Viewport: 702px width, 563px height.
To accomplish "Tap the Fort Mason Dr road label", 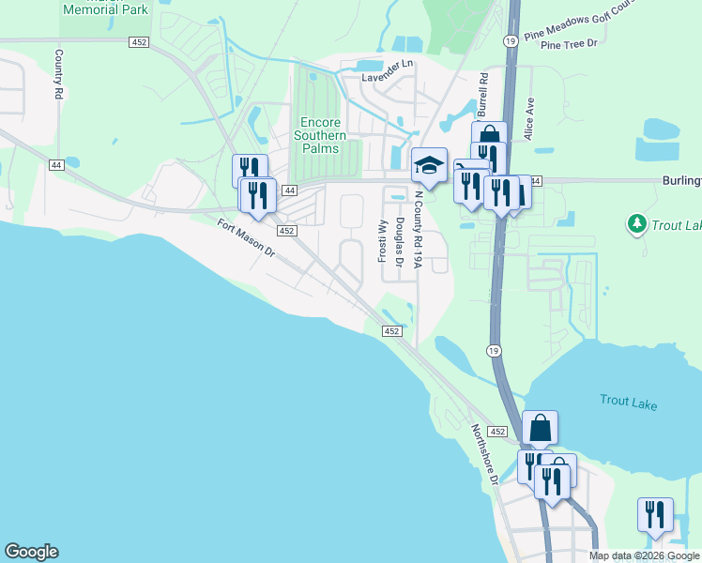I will [x=245, y=238].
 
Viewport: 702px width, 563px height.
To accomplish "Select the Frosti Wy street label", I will [x=382, y=241].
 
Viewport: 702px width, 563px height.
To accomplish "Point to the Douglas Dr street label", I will [x=400, y=243].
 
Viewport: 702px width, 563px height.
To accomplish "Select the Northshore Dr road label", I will [x=484, y=452].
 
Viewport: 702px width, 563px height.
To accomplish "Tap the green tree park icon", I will [x=636, y=223].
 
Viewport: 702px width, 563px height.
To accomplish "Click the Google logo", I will [x=31, y=552].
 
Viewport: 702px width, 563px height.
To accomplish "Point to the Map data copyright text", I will [x=644, y=555].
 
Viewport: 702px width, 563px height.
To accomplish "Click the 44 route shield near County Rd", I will [x=56, y=165].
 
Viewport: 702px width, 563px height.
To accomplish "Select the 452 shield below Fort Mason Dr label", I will [x=287, y=231].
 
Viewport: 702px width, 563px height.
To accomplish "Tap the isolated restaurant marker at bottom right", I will [x=654, y=514].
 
